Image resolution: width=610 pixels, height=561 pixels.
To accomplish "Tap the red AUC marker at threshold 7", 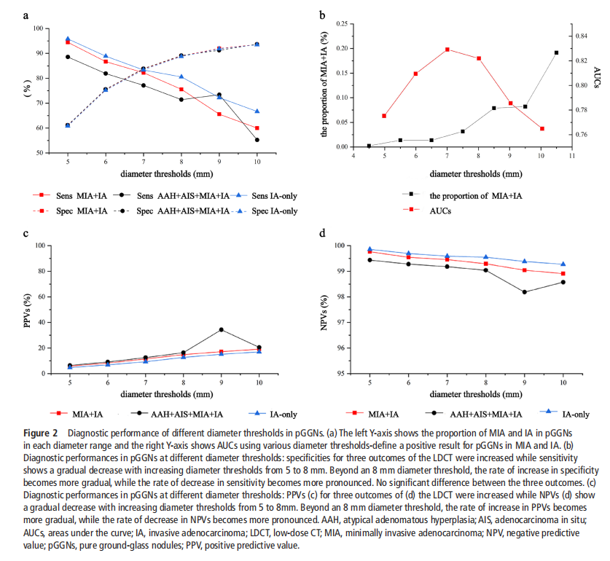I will tap(447, 50).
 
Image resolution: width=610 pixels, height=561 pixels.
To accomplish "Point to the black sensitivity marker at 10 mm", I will tap(257, 140).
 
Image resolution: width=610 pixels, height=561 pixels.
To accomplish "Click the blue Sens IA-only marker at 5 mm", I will tap(68, 39).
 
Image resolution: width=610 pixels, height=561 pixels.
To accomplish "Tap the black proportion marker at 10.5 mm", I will tap(556, 52).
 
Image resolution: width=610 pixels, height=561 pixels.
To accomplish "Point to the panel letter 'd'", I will tap(321, 234).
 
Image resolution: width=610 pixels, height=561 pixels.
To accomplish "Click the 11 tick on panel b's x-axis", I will tap(572, 155).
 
